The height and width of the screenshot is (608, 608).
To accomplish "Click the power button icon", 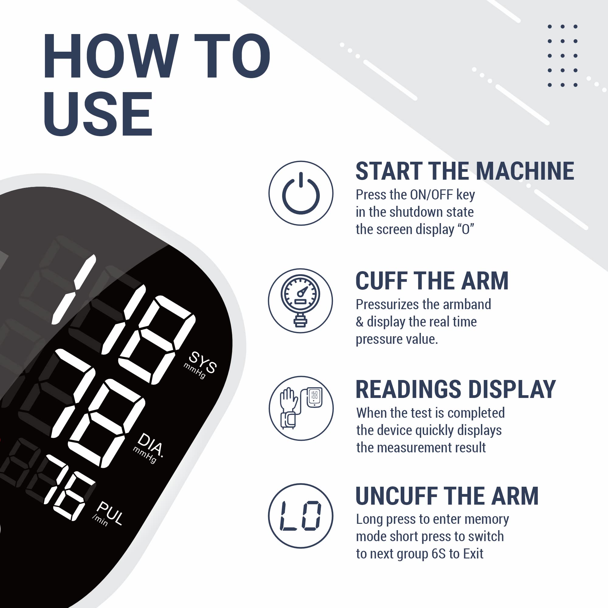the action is pos(301,193).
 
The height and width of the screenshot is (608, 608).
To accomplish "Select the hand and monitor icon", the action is pos(301,408).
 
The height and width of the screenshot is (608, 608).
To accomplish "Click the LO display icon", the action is pos(301,516).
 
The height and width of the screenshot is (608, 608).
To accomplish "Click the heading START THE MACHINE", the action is pos(465,171).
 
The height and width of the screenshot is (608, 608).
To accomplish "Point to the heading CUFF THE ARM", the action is pos(432,281).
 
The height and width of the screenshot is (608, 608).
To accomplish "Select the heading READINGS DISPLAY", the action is pos(456,389).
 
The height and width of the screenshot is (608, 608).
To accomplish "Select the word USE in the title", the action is pos(98,114).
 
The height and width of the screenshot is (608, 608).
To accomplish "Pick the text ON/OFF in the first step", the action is pos(431,195).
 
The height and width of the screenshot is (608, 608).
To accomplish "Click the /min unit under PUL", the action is pos(100,521).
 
